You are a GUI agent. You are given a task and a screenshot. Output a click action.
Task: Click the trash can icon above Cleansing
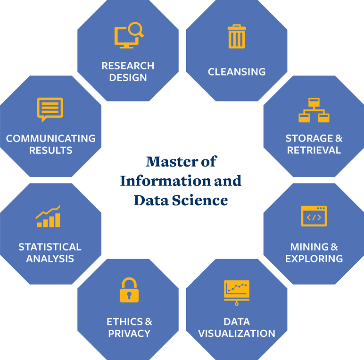(x=237, y=36)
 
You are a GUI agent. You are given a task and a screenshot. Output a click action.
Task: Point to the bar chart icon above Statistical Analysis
(x=48, y=216)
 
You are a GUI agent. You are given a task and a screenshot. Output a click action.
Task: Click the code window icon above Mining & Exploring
(x=314, y=216)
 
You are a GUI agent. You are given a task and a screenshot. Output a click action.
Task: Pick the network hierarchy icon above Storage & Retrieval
(x=314, y=110)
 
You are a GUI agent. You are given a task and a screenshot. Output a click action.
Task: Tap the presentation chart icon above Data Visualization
(x=237, y=293)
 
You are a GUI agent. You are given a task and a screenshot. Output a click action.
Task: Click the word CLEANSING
(x=237, y=72)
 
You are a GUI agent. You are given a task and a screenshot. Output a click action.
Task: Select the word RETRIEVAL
(x=314, y=150)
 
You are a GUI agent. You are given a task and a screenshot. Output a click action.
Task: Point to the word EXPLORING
(x=314, y=259)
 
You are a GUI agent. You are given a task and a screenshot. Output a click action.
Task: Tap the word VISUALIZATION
(x=237, y=334)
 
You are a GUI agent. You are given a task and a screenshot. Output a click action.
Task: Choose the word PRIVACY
(x=129, y=334)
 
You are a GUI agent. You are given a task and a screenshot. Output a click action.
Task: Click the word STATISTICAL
(x=50, y=247)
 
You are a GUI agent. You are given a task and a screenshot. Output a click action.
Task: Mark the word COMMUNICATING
(x=50, y=138)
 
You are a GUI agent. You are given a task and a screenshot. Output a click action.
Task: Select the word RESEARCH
(x=128, y=66)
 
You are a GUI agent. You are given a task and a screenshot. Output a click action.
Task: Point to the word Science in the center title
(x=200, y=200)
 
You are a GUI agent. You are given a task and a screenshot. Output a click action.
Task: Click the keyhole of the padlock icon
(x=129, y=295)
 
